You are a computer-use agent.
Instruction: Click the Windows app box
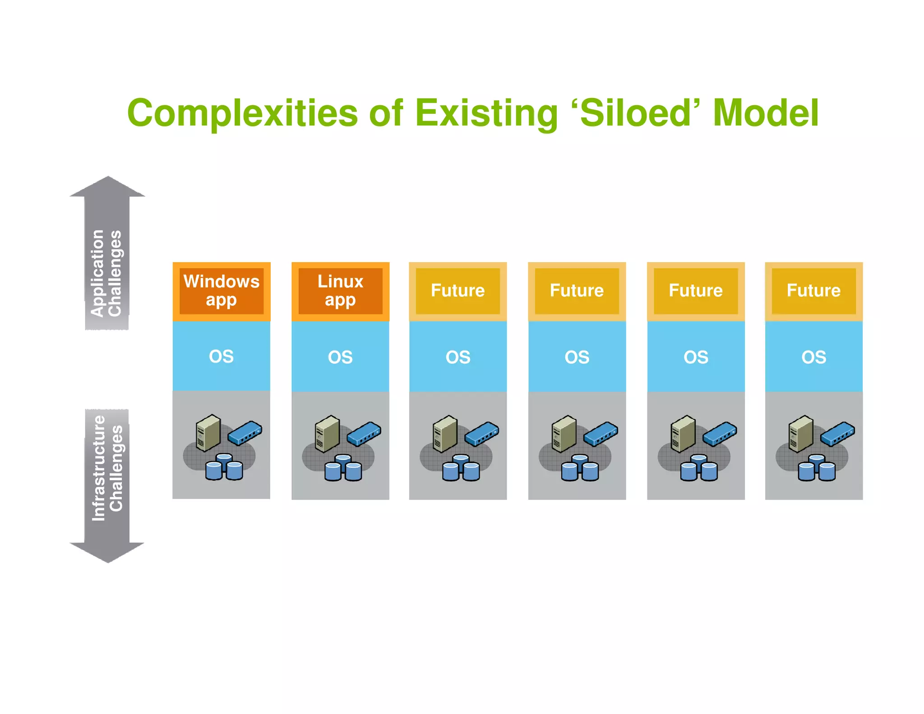tap(222, 291)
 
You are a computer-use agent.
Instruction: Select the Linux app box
tap(340, 291)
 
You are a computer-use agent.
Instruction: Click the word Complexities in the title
tap(242, 114)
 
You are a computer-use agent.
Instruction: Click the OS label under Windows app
tap(221, 357)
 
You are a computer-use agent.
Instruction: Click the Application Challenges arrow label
tap(106, 273)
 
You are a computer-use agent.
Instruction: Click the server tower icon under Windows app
tap(208, 433)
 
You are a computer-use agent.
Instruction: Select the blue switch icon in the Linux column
tap(364, 434)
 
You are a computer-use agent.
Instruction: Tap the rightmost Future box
tap(813, 291)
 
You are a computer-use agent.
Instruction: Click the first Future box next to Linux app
tap(457, 291)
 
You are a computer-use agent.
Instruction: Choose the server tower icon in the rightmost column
tap(801, 434)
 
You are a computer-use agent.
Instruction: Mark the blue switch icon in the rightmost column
tap(837, 434)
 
